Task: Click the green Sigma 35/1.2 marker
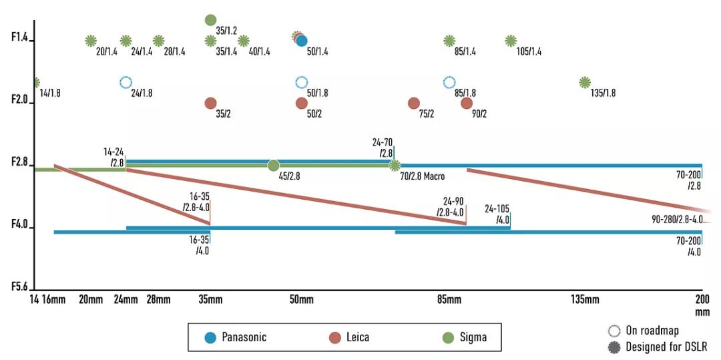[210, 20]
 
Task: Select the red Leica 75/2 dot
[414, 103]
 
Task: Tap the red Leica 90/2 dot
[467, 103]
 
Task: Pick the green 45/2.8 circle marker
[273, 165]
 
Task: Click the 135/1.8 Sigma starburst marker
[585, 82]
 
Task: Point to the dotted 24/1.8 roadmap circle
[126, 82]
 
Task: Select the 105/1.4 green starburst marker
[511, 41]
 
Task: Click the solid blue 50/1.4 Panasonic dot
[302, 41]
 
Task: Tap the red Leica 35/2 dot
[210, 103]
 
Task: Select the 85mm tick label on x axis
[449, 299]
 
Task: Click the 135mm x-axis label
[585, 299]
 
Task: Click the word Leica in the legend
[357, 337]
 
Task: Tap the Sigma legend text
[473, 337]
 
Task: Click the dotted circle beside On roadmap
[614, 331]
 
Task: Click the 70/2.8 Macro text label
[423, 177]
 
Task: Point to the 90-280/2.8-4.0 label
[677, 219]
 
